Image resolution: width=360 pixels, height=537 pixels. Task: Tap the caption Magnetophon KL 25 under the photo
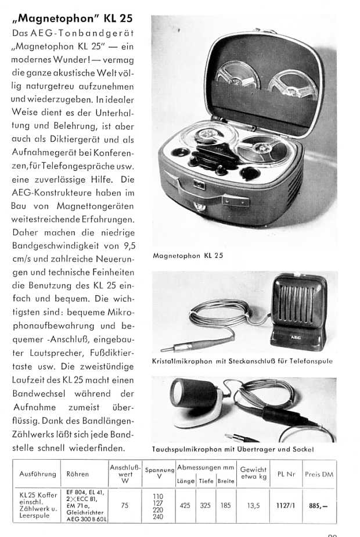[188, 255]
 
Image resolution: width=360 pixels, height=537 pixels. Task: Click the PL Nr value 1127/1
[286, 506]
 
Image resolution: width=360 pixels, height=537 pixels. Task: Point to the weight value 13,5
[253, 506]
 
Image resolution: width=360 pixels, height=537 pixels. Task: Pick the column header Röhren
[78, 474]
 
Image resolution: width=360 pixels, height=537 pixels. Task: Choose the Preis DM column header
[320, 474]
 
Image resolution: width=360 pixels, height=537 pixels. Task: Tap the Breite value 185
[225, 506]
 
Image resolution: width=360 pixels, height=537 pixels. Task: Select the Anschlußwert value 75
[124, 506]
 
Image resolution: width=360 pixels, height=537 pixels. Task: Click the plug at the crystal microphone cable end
[172, 349]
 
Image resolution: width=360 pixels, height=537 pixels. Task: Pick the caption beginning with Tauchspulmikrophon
[233, 449]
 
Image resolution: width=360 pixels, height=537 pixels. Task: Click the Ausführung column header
[37, 474]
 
